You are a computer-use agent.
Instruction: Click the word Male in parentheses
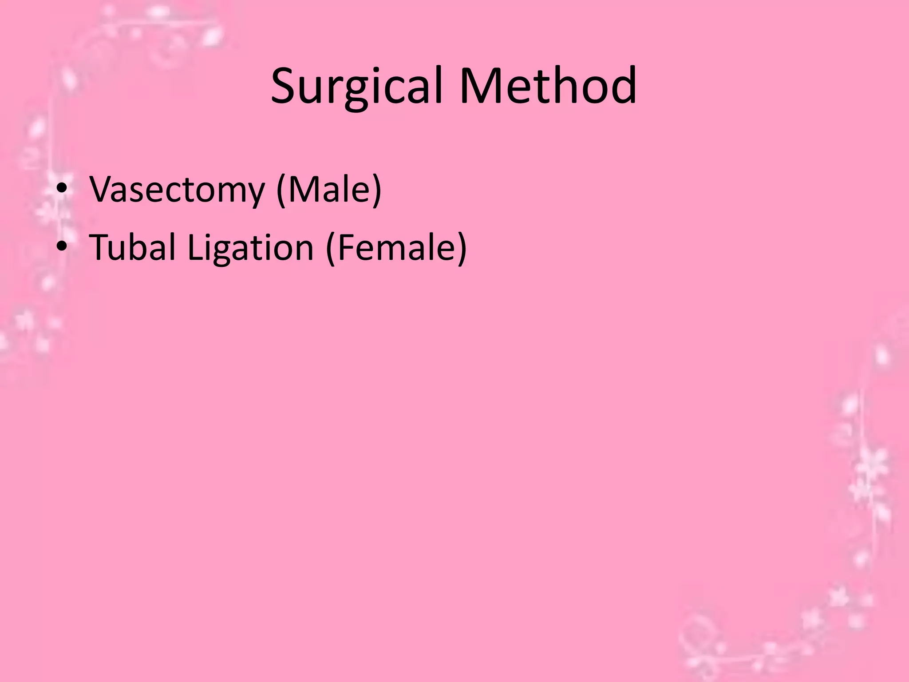329,190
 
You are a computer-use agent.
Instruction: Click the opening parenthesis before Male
281,190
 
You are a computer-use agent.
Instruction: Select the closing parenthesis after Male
377,190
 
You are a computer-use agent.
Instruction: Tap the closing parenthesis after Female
462,248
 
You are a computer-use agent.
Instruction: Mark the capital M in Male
304,190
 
